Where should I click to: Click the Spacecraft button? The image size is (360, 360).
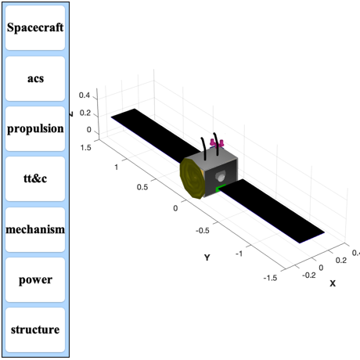click(x=35, y=27)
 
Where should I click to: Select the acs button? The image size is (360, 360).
click(x=35, y=78)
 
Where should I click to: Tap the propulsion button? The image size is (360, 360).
click(x=35, y=128)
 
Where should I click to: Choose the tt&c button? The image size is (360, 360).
click(x=35, y=178)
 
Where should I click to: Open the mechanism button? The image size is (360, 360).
click(x=35, y=229)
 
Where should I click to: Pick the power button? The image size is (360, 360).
click(x=35, y=279)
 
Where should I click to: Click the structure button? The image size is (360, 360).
click(x=35, y=329)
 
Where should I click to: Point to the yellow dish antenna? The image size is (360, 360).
click(x=193, y=178)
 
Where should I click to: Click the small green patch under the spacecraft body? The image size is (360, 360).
click(x=221, y=188)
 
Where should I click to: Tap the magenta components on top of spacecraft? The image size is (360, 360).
click(x=217, y=143)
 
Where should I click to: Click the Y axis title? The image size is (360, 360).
click(x=207, y=257)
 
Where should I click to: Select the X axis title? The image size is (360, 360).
click(x=333, y=283)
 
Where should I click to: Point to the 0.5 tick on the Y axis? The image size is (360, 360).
click(x=142, y=187)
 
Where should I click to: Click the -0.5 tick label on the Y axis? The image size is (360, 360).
click(x=203, y=231)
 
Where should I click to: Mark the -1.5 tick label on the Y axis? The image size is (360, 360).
click(x=270, y=278)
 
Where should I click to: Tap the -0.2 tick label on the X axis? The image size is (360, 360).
click(x=309, y=275)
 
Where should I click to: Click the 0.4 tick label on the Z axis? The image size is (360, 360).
click(x=85, y=95)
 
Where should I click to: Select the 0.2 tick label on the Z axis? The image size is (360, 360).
click(x=85, y=113)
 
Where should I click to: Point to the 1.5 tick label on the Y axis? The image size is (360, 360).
click(x=86, y=148)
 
